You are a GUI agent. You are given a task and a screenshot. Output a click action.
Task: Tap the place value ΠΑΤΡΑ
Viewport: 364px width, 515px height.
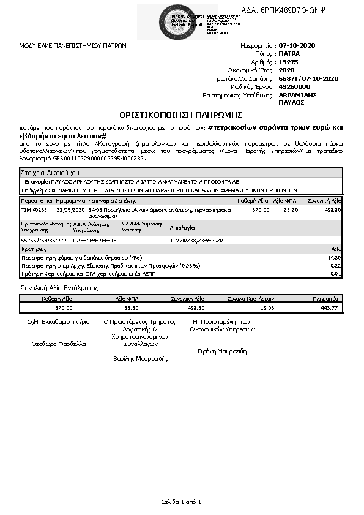pos(289,54)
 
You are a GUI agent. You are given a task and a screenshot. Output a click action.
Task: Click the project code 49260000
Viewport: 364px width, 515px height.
pos(295,87)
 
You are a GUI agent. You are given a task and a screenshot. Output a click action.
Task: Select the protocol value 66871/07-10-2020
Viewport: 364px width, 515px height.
pos(308,78)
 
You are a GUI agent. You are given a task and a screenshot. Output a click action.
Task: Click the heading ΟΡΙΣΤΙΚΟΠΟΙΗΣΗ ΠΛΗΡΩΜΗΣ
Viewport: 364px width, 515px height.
pos(182,115)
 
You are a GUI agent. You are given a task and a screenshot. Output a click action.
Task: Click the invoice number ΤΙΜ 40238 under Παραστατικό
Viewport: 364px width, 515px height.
pos(34,209)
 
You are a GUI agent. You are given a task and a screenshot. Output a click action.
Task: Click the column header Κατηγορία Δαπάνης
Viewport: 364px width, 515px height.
pos(111,200)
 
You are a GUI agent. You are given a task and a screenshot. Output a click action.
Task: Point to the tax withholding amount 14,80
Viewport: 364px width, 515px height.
pos(335,258)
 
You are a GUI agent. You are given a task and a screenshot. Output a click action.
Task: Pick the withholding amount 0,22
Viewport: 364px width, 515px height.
pos(336,265)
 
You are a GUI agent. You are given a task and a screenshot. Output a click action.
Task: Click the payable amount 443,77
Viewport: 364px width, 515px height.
pos(329,308)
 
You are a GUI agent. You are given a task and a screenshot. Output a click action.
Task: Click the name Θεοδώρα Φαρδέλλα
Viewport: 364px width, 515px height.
pos(59,344)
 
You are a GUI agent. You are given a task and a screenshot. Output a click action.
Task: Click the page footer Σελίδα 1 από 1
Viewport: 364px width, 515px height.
pos(181,502)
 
